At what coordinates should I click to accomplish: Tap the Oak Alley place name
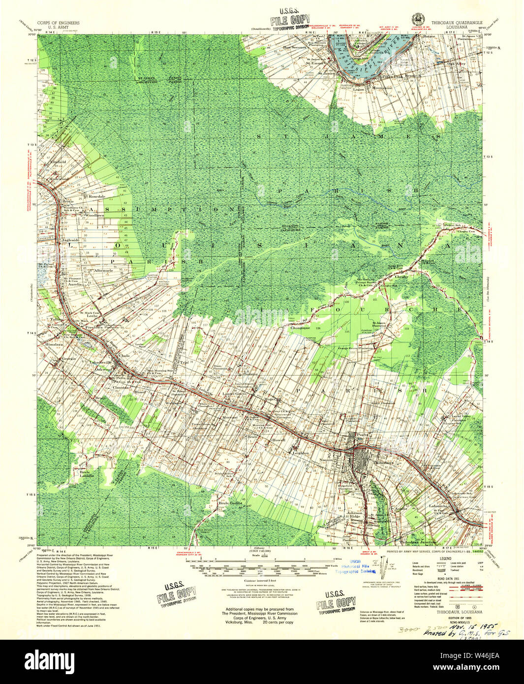coord(457,63)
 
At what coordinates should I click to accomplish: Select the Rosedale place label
coord(97,196)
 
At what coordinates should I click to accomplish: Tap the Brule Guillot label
coord(229,503)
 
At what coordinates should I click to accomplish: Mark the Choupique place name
coord(300,327)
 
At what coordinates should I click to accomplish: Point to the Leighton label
coord(301,452)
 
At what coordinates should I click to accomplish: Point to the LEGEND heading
coord(445,559)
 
